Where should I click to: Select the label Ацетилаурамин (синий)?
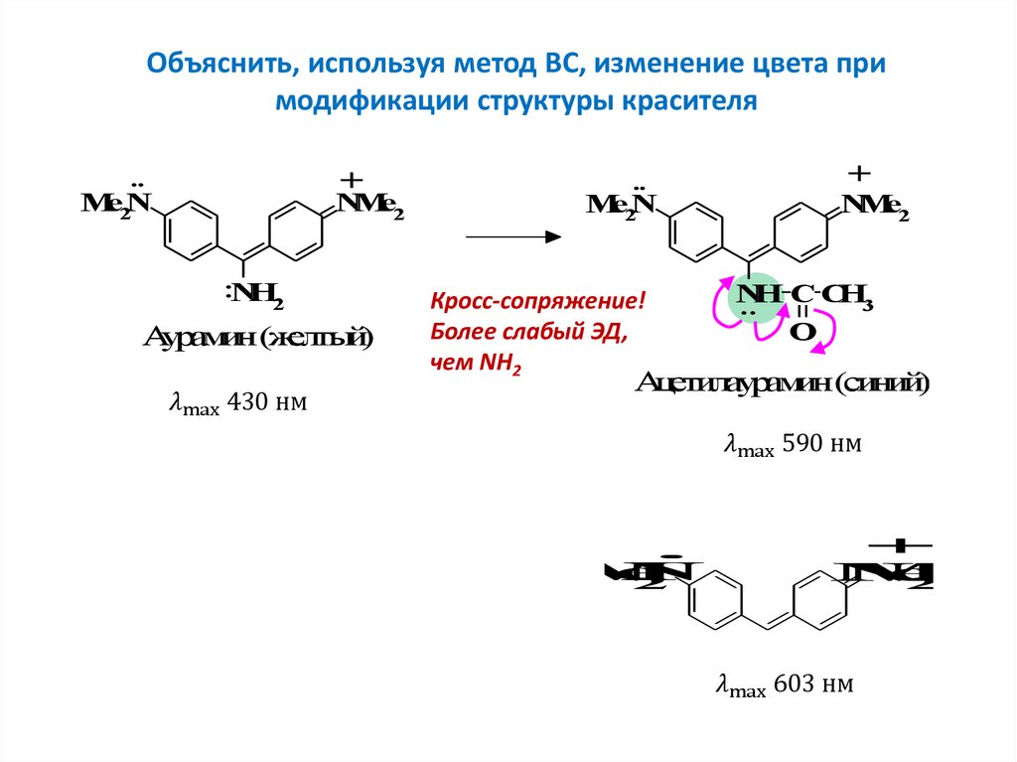tap(784, 382)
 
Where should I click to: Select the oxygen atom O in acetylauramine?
tap(802, 330)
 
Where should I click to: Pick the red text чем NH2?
tap(476, 364)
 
